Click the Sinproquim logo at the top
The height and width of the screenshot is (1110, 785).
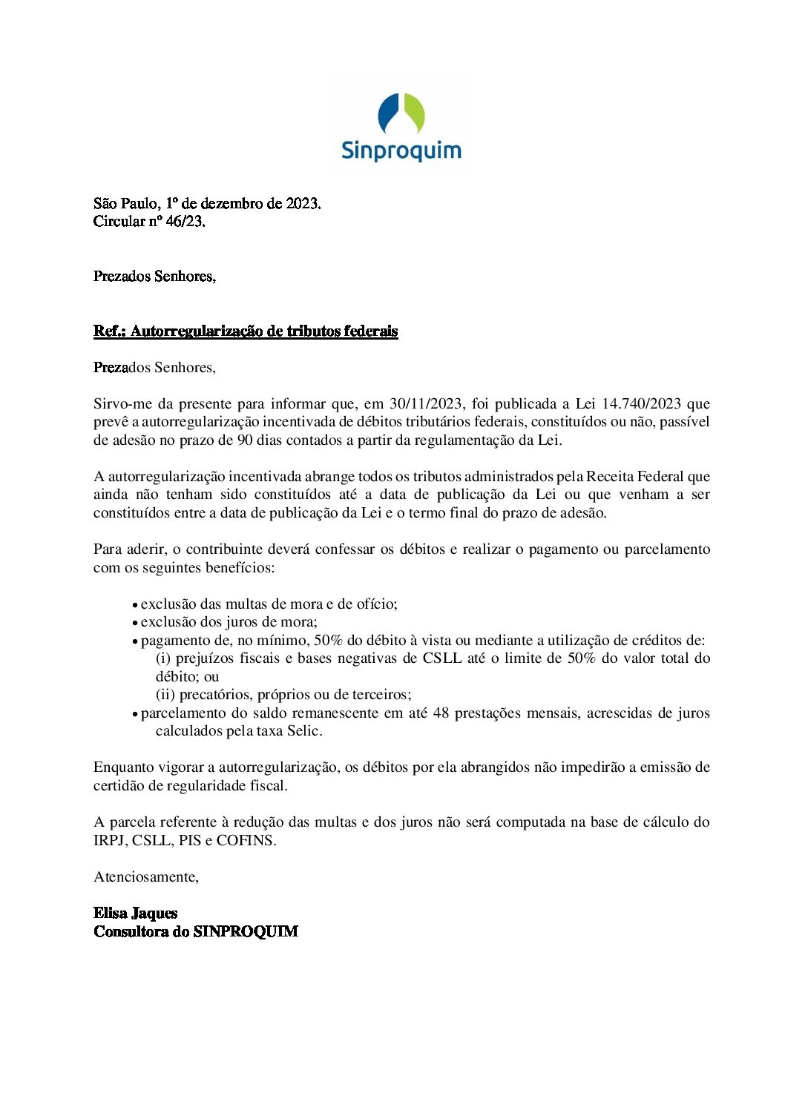pos(401,127)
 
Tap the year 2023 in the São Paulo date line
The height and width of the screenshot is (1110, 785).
pos(302,203)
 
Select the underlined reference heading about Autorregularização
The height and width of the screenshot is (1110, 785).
pos(246,331)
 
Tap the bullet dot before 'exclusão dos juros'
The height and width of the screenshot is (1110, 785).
pos(135,624)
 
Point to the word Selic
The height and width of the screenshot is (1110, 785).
pos(304,731)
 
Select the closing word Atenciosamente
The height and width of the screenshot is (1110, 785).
pos(146,877)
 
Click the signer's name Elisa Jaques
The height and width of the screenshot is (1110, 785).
pos(136,914)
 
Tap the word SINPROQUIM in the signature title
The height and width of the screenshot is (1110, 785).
pos(246,932)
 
